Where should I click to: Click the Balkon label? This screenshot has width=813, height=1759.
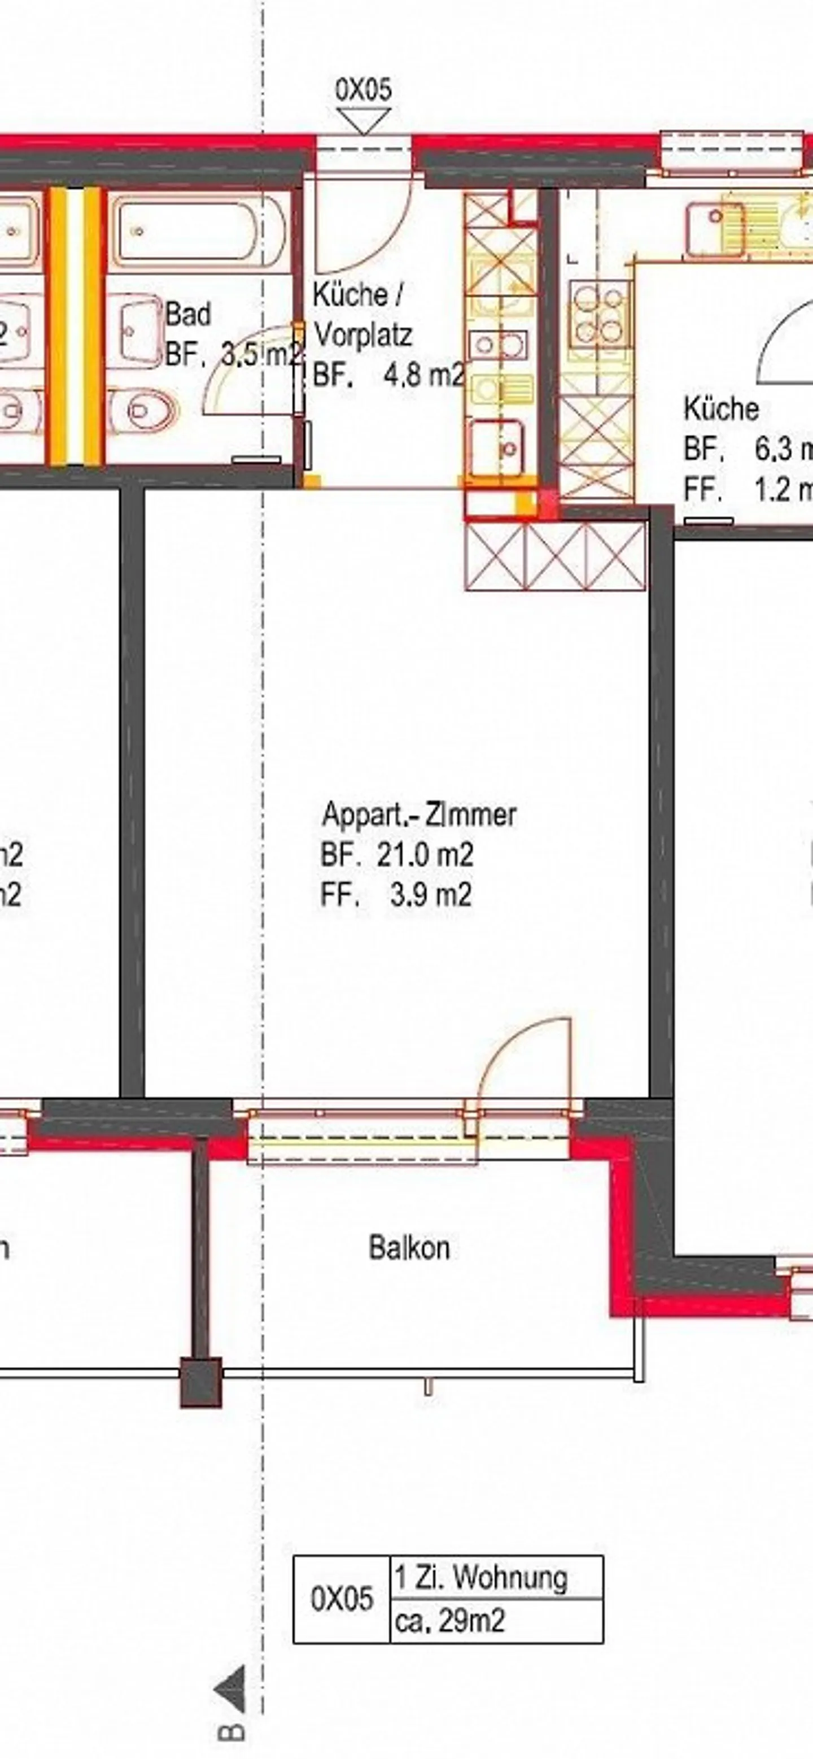(x=409, y=1248)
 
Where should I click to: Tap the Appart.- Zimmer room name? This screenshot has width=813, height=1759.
(x=419, y=815)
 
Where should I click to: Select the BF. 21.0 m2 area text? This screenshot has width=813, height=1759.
(x=397, y=854)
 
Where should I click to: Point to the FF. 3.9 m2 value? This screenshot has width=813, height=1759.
(x=396, y=895)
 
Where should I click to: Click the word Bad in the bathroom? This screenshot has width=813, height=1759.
(x=189, y=315)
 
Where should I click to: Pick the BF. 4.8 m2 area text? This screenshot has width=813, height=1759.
(x=388, y=376)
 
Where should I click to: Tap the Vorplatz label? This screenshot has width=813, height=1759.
(x=362, y=336)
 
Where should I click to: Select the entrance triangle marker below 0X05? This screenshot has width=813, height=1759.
(x=364, y=123)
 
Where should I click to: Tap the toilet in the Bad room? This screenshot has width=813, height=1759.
(x=146, y=409)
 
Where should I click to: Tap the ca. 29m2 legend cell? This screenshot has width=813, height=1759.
(x=451, y=1621)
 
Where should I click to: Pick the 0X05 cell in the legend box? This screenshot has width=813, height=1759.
(x=342, y=1598)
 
